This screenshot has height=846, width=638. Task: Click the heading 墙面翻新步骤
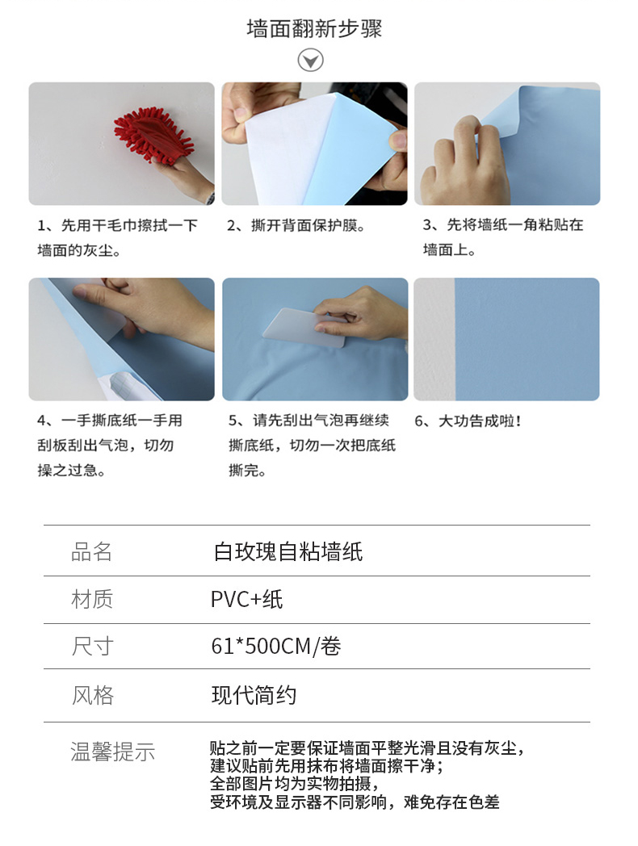point(314,28)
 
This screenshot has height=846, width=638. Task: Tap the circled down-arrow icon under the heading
point(310,60)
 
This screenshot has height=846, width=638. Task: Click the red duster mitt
point(153,135)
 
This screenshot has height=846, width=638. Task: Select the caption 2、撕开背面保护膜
point(296,225)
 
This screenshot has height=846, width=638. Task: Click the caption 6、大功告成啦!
point(468,421)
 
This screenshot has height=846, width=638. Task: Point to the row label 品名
point(92,552)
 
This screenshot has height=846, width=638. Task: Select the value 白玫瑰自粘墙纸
point(288,552)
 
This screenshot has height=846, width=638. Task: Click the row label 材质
point(92,600)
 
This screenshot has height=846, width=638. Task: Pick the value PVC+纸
point(246,600)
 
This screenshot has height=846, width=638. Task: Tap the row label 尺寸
point(92,646)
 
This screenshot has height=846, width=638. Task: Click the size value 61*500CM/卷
point(276,646)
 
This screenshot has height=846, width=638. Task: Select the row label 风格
point(92,696)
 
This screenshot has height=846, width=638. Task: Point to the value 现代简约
point(254,696)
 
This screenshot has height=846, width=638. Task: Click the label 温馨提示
point(113,752)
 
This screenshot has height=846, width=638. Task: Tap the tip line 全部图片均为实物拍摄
point(294,783)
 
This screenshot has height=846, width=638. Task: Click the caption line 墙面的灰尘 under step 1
point(79,250)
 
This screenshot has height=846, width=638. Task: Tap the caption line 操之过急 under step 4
point(71,471)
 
